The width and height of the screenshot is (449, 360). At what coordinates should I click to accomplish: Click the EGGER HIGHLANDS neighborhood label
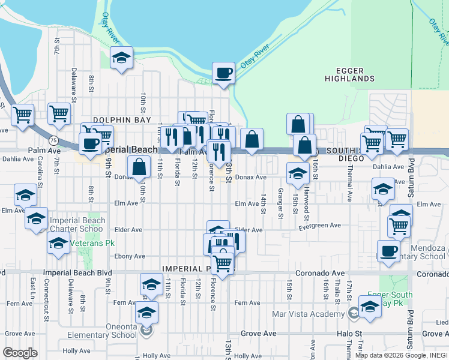349,74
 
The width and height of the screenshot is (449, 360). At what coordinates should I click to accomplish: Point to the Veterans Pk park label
86,243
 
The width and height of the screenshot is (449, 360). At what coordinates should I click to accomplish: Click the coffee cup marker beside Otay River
223,74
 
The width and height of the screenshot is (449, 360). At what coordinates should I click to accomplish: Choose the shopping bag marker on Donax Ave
139,167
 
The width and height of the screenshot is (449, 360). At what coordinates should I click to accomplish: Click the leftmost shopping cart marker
23,114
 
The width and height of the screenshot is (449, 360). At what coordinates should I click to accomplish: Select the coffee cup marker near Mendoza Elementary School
388,250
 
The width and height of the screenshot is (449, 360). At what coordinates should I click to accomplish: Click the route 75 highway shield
54,140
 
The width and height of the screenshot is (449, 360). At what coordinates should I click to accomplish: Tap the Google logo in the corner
20,353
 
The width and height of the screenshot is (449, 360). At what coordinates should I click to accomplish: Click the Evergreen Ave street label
322,226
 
